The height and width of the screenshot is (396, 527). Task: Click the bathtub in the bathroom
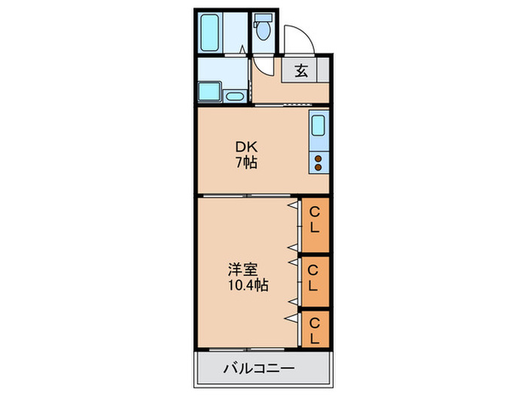click(210, 31)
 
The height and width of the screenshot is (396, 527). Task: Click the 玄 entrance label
click(300, 72)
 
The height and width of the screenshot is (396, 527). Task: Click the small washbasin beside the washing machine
click(234, 96)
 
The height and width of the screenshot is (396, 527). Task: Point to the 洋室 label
click(244, 269)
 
